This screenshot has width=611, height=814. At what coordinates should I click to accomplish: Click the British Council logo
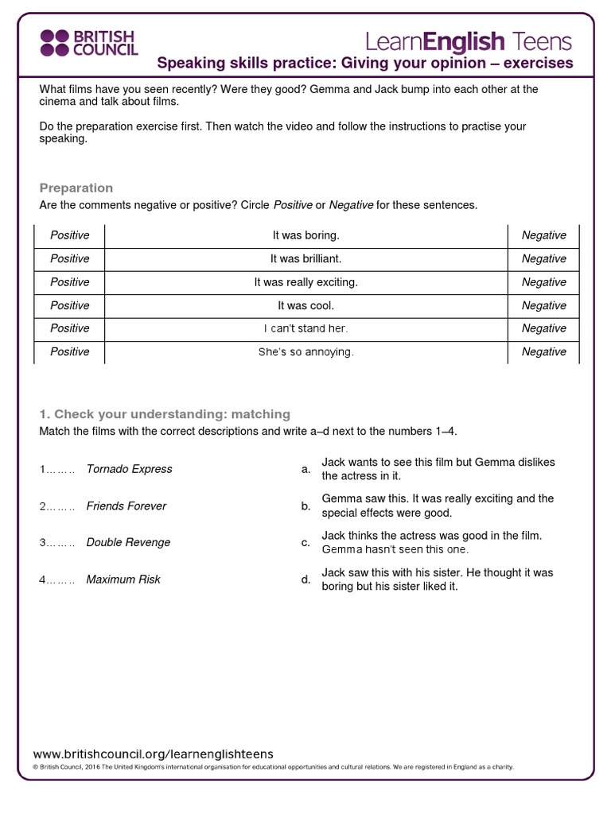[88, 43]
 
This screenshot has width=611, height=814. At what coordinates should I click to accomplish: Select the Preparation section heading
[76, 188]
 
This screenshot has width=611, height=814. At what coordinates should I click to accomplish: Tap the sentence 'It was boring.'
[305, 235]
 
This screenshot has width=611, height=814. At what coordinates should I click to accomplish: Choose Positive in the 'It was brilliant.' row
[70, 258]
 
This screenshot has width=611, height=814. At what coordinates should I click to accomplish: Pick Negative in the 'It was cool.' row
[543, 305]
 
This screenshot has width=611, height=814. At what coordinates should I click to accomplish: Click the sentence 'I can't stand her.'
[305, 328]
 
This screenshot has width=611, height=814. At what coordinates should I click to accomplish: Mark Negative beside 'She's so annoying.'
[543, 351]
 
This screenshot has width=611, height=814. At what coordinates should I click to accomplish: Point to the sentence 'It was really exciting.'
[305, 282]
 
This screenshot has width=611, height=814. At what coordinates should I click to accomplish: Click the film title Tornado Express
[129, 469]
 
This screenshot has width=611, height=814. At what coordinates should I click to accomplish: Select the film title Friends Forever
[126, 506]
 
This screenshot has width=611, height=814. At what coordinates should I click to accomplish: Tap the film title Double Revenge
[128, 542]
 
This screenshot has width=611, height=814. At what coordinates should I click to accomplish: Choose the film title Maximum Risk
[123, 579]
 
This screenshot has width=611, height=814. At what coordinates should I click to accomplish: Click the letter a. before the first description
[305, 469]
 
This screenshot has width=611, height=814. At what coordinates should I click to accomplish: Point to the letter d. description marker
[305, 579]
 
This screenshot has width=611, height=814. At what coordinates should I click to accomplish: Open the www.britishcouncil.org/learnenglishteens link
[153, 754]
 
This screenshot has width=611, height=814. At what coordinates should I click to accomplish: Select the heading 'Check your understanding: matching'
[165, 414]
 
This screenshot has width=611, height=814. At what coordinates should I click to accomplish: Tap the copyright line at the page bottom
[273, 767]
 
